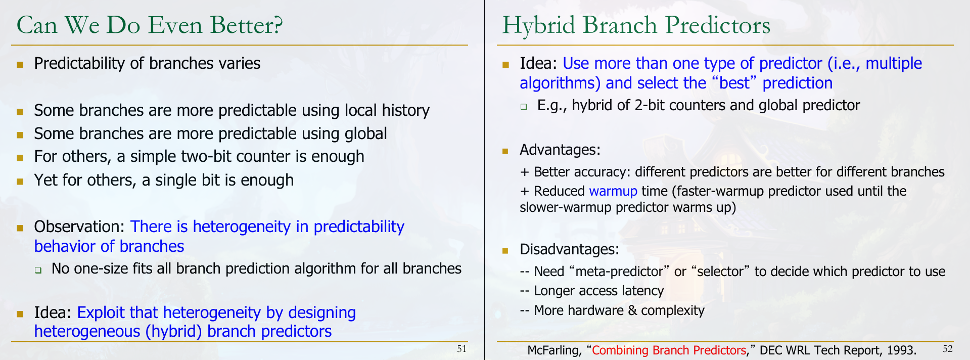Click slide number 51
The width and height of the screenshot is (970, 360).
point(461,348)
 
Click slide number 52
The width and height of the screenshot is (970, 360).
point(947,348)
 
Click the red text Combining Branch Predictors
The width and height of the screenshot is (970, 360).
point(669,350)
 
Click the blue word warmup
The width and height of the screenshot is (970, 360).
point(613,191)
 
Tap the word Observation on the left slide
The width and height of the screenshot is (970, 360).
point(80,227)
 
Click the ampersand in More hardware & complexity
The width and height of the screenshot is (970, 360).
point(632,310)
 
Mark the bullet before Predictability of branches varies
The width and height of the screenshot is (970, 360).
point(20,64)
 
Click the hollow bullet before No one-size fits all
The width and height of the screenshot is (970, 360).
point(38,270)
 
